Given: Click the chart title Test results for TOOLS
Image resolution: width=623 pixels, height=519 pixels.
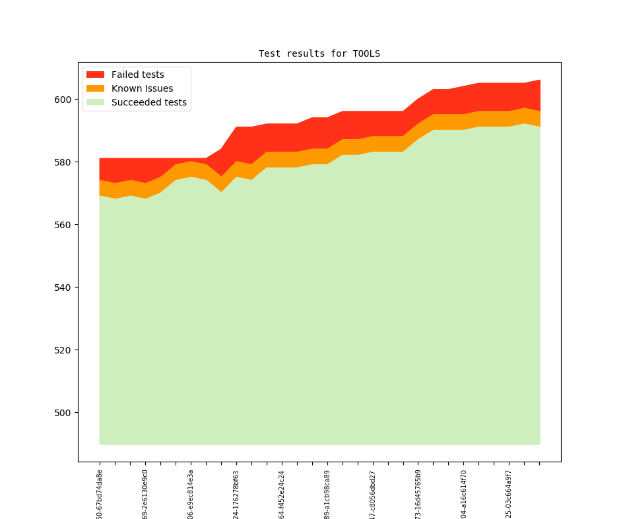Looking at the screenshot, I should point(319,53).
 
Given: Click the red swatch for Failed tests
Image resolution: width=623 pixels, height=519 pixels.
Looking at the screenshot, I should point(96,75).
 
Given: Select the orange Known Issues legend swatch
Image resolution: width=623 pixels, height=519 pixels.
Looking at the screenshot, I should point(96,88).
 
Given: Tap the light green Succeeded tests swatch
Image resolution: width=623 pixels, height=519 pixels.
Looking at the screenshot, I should point(96,102).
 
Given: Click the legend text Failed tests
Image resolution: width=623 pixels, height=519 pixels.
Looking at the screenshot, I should point(137,75).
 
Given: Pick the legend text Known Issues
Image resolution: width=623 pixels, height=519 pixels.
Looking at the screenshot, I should point(142,88).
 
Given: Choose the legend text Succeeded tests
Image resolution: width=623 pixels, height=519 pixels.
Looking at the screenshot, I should point(148,102).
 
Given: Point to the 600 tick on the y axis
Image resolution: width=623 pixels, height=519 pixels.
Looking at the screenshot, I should point(63,100).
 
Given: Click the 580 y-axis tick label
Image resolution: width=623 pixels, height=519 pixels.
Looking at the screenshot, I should point(63,162).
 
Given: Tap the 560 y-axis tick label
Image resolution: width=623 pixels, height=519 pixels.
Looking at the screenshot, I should point(63,225).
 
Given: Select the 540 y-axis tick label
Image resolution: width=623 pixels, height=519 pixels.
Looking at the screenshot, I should point(63,288).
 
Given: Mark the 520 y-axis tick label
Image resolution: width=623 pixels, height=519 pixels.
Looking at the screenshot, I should point(63,350).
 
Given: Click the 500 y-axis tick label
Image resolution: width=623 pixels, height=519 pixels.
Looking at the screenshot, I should point(63,413).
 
